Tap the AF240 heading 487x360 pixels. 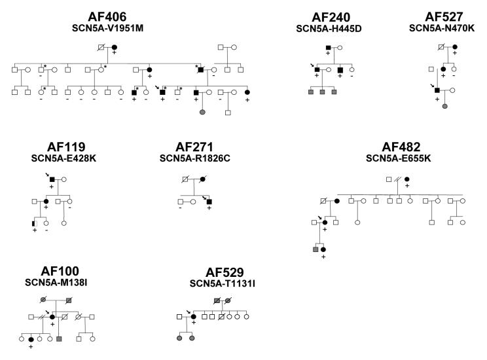[331, 17]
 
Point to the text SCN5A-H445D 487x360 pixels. [331, 29]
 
